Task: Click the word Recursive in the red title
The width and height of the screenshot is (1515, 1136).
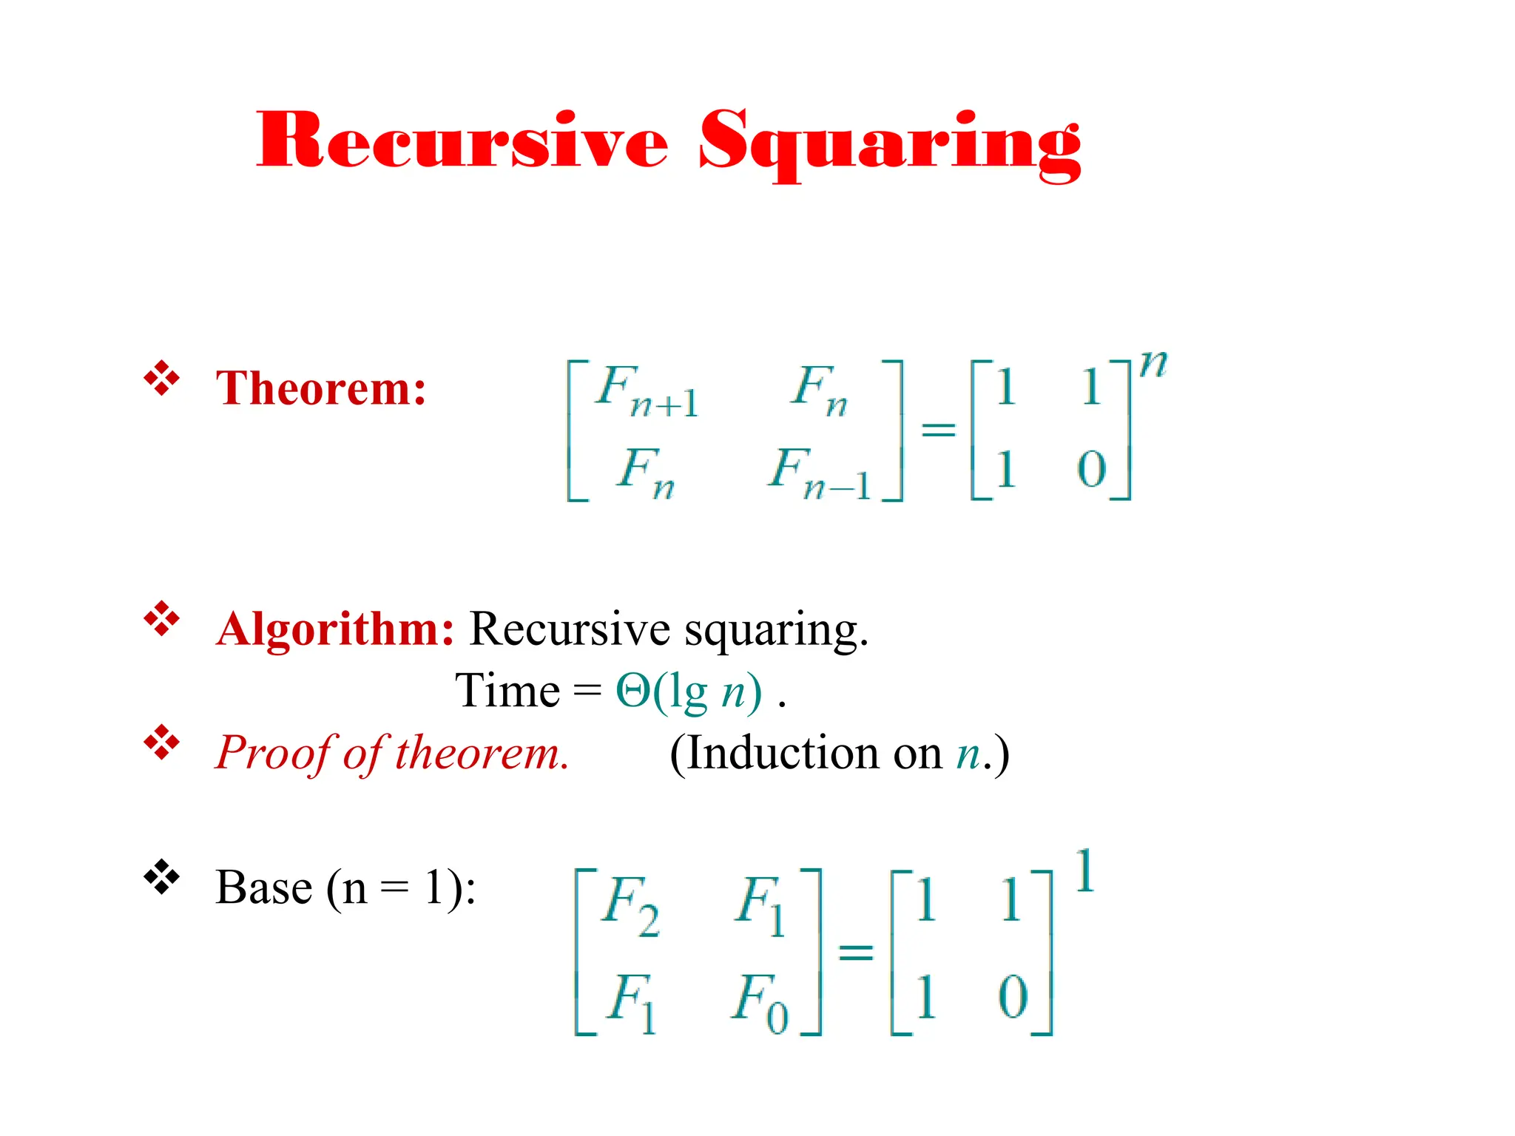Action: click(462, 141)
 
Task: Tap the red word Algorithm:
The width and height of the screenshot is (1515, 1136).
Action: click(335, 629)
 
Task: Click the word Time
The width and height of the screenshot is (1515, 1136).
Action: click(507, 692)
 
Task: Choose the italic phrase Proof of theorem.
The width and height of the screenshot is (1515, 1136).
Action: click(392, 754)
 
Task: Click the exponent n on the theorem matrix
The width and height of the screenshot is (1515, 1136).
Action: click(1153, 364)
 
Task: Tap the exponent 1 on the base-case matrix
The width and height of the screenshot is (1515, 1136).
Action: click(1084, 871)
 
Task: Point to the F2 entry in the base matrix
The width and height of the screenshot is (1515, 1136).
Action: click(630, 905)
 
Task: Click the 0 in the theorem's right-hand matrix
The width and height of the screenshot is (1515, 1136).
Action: click(1091, 469)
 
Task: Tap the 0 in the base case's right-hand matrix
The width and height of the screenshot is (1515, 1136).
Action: click(1013, 996)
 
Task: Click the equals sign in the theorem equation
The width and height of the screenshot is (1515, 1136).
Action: click(938, 429)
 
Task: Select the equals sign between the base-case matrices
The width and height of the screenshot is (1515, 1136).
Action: click(856, 952)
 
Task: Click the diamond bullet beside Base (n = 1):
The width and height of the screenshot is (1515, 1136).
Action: click(162, 878)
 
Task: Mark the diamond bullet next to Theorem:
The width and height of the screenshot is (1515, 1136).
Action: click(162, 379)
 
